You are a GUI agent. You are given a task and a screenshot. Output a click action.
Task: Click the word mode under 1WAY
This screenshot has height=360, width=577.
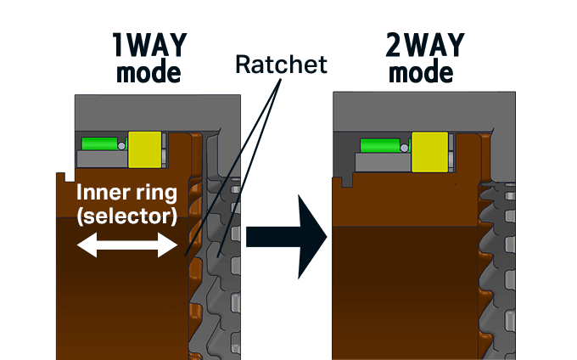pos(149,72)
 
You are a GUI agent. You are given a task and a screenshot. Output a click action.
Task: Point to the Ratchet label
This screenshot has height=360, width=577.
pos(281,64)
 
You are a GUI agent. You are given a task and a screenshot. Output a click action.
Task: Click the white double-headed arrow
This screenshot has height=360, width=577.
pos(126,246)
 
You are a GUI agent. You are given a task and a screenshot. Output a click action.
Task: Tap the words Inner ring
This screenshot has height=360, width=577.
pos(126,192)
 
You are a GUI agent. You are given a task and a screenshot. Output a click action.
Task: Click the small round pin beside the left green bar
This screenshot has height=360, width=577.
pos(121,146)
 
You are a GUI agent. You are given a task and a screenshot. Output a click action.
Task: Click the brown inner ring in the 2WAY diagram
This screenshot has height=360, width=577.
pos(399,280)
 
